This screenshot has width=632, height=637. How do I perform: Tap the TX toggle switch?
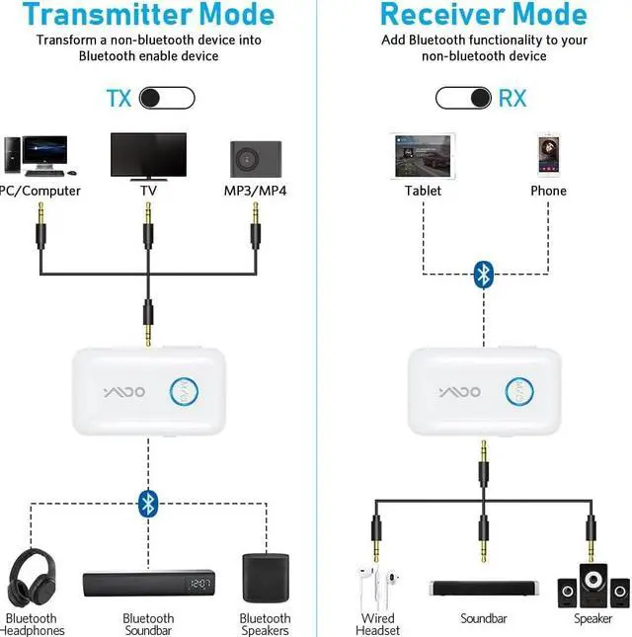[166, 98]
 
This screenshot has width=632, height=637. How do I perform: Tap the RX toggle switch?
[464, 98]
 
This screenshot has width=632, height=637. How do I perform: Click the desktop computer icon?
[37, 156]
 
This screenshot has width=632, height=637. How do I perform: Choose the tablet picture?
[423, 156]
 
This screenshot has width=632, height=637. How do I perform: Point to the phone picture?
[548, 156]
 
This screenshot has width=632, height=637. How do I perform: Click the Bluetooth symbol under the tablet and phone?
[483, 274]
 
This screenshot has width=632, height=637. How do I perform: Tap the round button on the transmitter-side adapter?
[182, 392]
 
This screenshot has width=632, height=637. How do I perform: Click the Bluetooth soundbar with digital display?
[148, 587]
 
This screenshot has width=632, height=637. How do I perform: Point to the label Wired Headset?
[378, 624]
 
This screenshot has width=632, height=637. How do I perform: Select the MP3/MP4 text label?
[255, 191]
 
